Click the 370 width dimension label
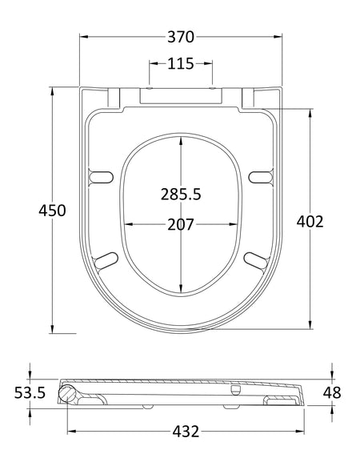(x=181, y=37)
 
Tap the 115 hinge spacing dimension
(x=181, y=63)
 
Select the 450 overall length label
(x=52, y=211)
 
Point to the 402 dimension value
(x=310, y=222)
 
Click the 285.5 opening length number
(x=181, y=195)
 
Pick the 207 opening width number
(x=181, y=224)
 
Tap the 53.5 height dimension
(x=30, y=392)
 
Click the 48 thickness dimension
(x=332, y=392)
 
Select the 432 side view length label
(x=186, y=432)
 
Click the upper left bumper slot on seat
(x=102, y=176)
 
